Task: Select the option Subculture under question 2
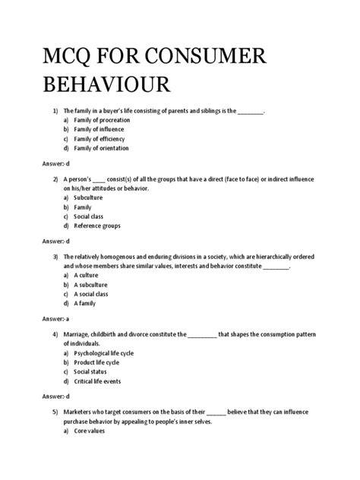[x=89, y=197]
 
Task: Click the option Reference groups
[x=96, y=226]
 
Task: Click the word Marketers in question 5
[x=92, y=412]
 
